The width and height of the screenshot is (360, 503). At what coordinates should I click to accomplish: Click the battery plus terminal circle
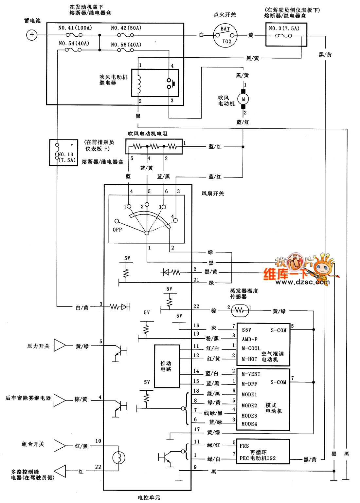32,35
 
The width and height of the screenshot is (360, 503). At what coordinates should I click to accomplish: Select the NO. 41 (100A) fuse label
75,28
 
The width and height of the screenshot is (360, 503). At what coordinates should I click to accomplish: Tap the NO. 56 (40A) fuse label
126,45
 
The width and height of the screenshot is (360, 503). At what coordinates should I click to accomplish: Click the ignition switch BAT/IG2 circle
225,35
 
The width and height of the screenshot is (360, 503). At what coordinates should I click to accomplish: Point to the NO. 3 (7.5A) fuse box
286,34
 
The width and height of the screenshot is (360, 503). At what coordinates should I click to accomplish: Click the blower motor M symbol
243,99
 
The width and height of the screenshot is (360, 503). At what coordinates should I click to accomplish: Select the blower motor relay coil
139,84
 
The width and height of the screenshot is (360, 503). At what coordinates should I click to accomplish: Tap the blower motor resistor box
154,146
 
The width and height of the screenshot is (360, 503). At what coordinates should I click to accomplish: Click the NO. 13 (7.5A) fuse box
63,153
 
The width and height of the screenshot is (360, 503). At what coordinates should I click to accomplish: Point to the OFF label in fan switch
117,230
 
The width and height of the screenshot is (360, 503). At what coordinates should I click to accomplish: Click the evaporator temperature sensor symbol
240,310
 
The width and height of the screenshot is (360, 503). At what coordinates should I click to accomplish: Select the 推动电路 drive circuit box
167,366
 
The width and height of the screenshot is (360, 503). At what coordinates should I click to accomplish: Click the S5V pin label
246,330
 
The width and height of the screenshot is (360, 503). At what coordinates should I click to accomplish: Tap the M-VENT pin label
251,374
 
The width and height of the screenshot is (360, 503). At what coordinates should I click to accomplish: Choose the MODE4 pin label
249,424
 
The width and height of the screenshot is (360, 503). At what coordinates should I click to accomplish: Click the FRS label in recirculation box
244,446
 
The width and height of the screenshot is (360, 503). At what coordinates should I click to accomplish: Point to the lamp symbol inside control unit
118,457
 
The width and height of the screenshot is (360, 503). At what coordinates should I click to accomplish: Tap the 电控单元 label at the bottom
149,497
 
